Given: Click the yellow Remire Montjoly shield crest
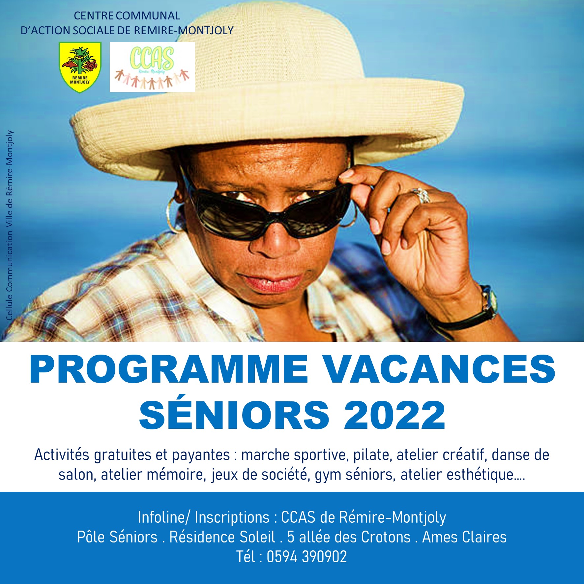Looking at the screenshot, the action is [x=80, y=67].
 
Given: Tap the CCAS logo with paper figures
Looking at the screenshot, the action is [x=152, y=67].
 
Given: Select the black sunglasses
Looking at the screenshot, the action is [x=270, y=211].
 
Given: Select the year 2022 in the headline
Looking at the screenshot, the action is [x=394, y=415].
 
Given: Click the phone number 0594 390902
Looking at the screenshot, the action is [x=307, y=557].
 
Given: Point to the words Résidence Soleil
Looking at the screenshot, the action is [x=222, y=537].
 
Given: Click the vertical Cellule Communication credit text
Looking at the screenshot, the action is [x=9, y=225].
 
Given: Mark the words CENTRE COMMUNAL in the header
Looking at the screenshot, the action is [x=127, y=15].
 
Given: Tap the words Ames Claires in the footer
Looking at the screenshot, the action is [x=464, y=537].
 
